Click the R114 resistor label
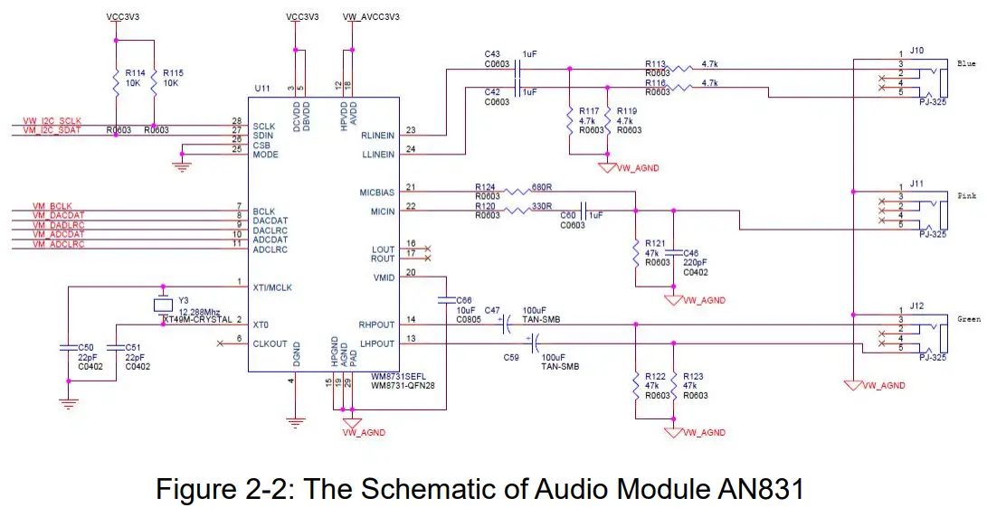pos(135,71)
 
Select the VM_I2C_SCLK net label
pos(52,121)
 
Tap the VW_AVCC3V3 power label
pos(371,16)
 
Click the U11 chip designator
pos(261,89)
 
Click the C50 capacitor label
pos(86,347)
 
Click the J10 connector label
pos(916,51)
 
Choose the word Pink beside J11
pos(965,195)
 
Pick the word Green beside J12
pos(968,319)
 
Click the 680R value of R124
pos(543,186)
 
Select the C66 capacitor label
pos(463,300)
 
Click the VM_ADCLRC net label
pos(59,245)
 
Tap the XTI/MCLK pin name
pos(272,287)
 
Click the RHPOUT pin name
pos(377,324)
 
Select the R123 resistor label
pos(694,375)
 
